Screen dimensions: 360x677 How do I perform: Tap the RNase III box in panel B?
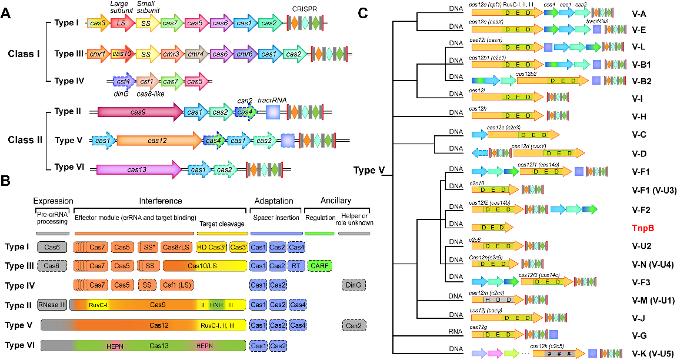point(52,305)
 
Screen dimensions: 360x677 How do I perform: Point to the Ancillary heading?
point(336,201)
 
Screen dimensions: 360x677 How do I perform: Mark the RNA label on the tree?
point(456,332)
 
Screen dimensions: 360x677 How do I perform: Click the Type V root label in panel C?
point(369,171)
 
